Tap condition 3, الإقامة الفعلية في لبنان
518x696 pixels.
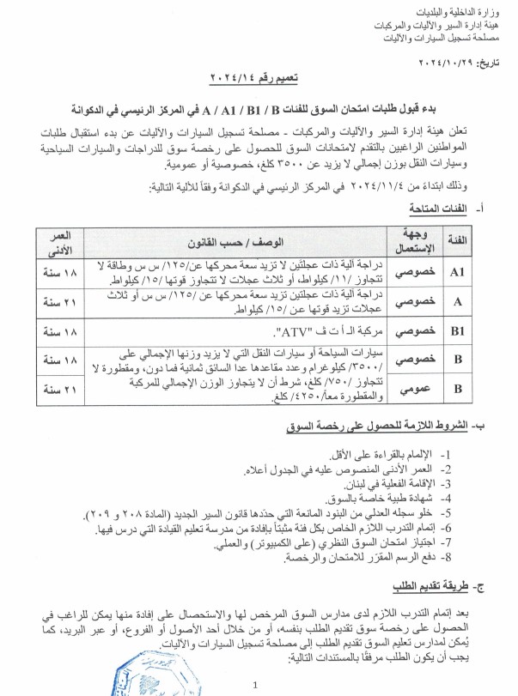click(x=399, y=484)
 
